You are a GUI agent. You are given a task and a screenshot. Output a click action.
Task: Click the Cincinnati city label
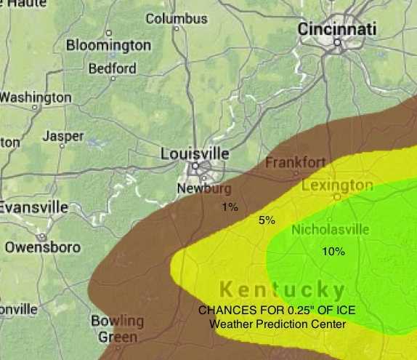click(x=338, y=29)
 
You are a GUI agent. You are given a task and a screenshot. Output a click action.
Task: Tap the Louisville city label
click(x=194, y=154)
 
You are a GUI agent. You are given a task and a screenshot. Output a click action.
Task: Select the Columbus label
click(x=176, y=18)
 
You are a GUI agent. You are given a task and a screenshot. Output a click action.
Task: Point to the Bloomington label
click(x=108, y=45)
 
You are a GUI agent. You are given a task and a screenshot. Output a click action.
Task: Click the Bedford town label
click(x=112, y=69)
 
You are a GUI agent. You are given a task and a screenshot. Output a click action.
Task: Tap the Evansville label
click(x=33, y=207)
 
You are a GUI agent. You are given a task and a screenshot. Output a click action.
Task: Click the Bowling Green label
click(x=117, y=329)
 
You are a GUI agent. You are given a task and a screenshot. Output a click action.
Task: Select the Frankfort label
click(x=295, y=162)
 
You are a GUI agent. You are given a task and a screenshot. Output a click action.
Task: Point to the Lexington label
click(x=337, y=185)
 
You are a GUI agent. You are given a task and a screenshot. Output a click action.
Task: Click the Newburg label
click(x=199, y=189)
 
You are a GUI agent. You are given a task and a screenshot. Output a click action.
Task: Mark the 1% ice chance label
click(x=230, y=207)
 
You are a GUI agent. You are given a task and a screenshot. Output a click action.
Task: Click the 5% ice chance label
click(x=267, y=220)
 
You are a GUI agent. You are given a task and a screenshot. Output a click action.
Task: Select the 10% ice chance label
click(x=333, y=252)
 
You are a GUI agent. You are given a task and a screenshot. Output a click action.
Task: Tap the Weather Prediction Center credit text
click(x=278, y=324)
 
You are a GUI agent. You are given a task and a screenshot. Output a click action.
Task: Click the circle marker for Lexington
click(x=337, y=196)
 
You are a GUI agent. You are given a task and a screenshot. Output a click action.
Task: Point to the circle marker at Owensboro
click(x=42, y=237)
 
